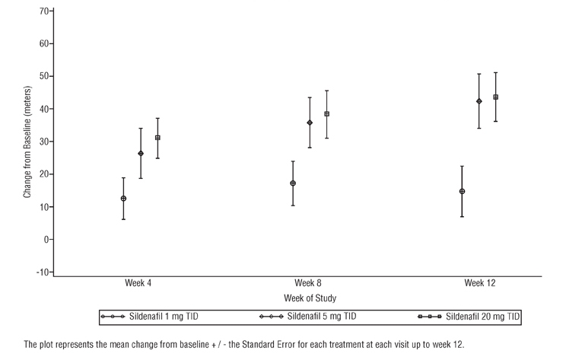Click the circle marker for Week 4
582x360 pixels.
click(x=123, y=199)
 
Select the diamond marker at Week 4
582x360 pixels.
click(x=141, y=154)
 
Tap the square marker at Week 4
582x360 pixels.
click(x=157, y=138)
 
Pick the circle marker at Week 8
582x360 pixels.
click(x=293, y=183)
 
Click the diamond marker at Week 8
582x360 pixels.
click(x=310, y=123)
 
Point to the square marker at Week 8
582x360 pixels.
click(x=327, y=114)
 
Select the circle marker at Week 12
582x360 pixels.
click(x=462, y=192)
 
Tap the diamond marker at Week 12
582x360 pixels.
click(x=479, y=101)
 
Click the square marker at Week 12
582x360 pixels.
click(x=496, y=97)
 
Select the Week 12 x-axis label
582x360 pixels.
click(x=479, y=283)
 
